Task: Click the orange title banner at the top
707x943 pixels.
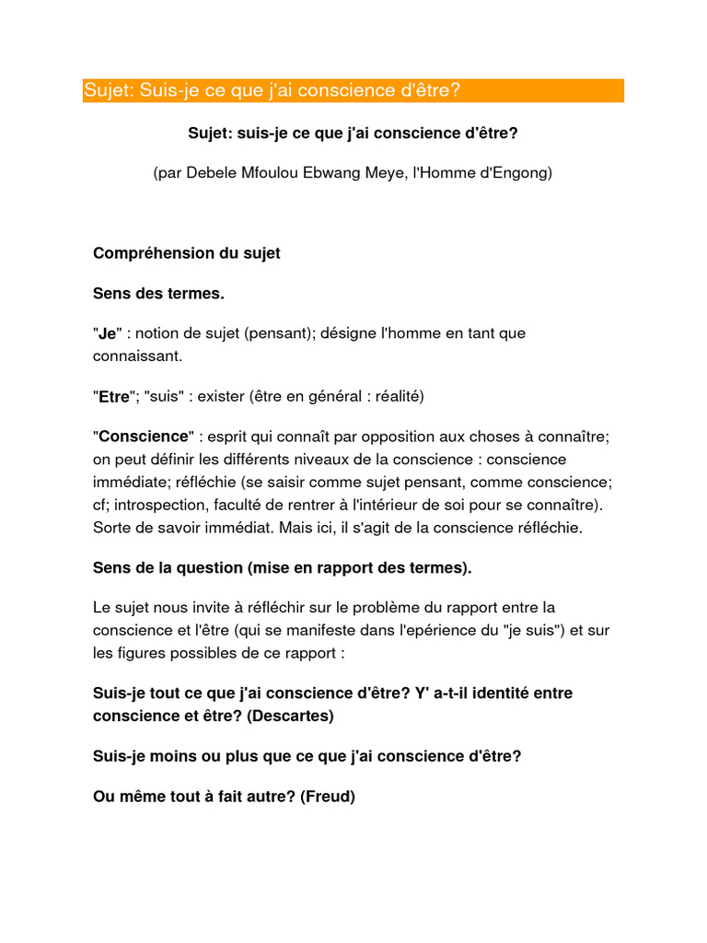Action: point(353,90)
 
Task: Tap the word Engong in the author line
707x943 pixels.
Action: point(523,172)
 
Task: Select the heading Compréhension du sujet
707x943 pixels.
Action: point(187,253)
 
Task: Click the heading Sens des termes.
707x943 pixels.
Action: point(158,294)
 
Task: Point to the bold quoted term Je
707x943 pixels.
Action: point(107,333)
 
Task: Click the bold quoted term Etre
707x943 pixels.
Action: point(114,396)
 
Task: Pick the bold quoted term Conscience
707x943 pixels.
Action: point(143,436)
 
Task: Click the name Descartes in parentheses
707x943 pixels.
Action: point(294,716)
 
